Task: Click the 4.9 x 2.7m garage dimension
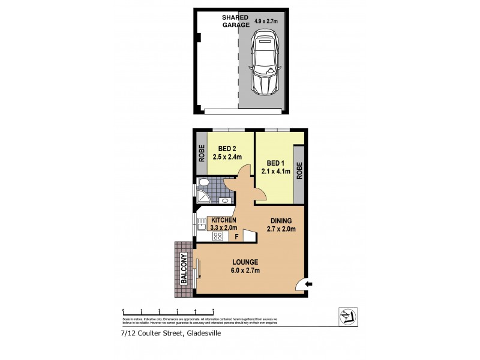coord(266,22)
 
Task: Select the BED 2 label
coord(227,149)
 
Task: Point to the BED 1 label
coord(275,163)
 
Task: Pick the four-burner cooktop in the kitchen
coord(217,236)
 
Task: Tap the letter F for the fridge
coord(236,236)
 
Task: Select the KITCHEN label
coord(223,220)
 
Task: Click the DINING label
coord(280,220)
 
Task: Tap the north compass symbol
coord(346,316)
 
